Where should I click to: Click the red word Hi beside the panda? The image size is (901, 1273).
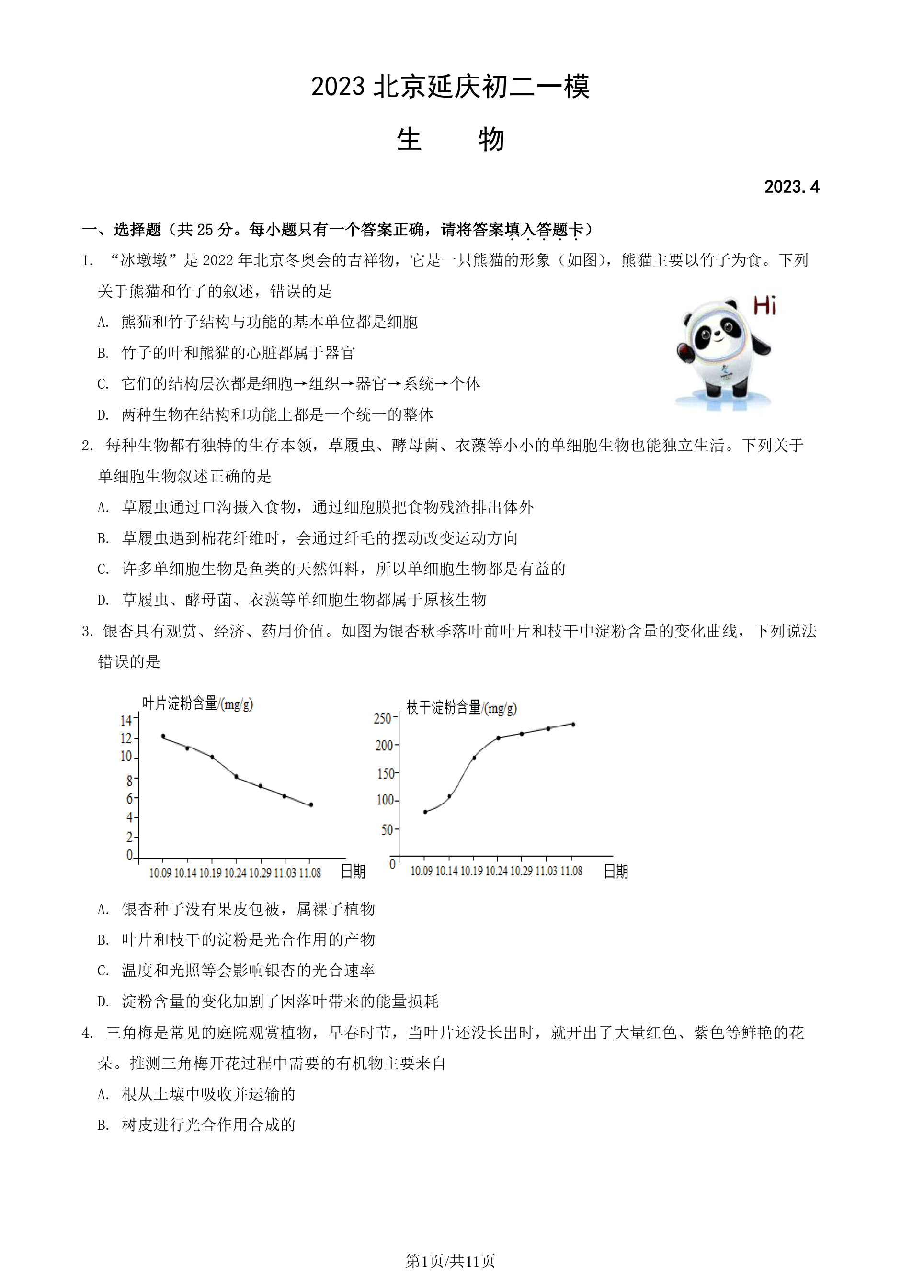[x=764, y=305]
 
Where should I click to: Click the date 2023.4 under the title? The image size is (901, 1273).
[x=791, y=187]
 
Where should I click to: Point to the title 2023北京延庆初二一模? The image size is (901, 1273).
[x=450, y=87]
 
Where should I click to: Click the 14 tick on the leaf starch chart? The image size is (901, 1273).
[x=126, y=720]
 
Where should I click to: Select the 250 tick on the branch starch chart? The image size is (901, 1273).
[x=383, y=718]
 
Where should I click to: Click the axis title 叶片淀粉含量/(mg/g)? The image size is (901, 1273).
[x=197, y=703]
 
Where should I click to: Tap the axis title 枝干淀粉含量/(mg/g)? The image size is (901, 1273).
[x=462, y=707]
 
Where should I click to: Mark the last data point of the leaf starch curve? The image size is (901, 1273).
[x=311, y=804]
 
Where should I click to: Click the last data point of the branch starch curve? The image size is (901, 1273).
[x=573, y=724]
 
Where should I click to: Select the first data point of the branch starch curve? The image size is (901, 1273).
[x=425, y=812]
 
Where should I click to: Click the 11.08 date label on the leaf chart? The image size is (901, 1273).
[x=310, y=873]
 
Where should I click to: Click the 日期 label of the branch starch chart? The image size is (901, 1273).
[x=616, y=871]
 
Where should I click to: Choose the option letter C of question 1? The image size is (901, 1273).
[x=103, y=384]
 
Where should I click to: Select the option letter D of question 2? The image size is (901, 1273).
[x=103, y=600]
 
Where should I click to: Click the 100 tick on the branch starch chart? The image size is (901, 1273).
[x=385, y=800]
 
